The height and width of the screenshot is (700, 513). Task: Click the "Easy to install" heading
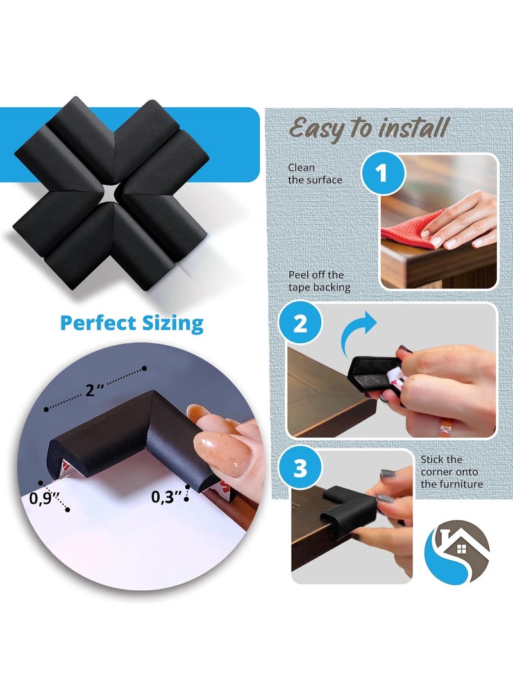369,128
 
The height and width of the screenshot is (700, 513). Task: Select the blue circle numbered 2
300,325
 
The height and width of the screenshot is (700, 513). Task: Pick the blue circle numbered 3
300,469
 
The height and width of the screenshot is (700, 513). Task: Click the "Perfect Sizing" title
131,322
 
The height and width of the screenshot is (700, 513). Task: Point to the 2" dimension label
94,389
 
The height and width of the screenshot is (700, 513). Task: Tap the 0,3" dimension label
165,496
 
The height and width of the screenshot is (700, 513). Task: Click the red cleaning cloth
410,228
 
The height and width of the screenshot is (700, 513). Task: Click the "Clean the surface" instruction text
315,174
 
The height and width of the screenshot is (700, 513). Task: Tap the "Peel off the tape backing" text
319,282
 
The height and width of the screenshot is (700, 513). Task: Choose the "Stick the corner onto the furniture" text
451,472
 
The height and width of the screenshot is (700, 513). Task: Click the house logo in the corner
457,551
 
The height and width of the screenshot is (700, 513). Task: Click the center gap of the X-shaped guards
111,191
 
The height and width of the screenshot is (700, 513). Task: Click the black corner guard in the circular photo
128,436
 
